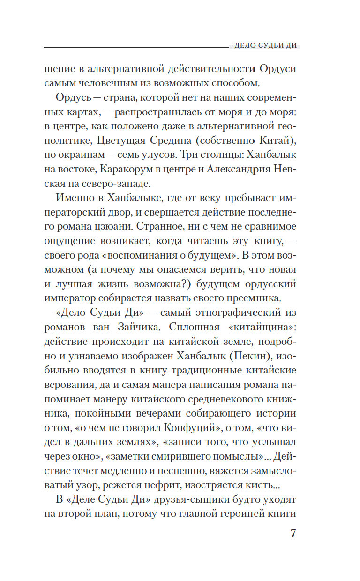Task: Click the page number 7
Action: pyautogui.click(x=293, y=535)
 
